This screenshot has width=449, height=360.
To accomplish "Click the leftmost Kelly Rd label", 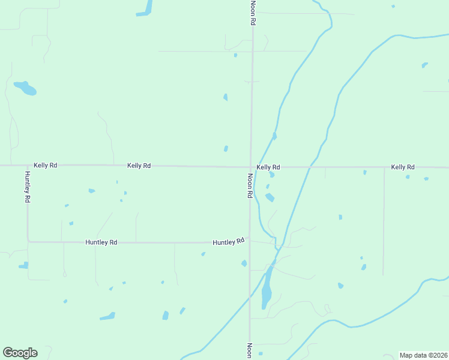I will [x=45, y=165].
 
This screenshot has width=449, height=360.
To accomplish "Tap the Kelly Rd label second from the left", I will [x=139, y=166].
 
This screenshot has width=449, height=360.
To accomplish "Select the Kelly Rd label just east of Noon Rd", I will [x=268, y=167].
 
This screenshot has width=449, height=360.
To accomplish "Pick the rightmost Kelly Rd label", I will [x=403, y=167].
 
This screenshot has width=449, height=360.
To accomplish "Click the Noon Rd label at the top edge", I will [x=253, y=12].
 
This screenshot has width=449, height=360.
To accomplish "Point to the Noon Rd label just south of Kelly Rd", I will [x=249, y=186].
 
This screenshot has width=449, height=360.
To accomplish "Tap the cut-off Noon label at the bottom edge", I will [x=249, y=351].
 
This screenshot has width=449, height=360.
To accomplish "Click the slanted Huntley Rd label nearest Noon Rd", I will [x=229, y=242].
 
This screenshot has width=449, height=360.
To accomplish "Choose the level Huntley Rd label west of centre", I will [x=101, y=242].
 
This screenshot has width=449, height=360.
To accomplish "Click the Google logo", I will [x=20, y=353].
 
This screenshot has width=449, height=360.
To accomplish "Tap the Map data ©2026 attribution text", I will [x=423, y=355].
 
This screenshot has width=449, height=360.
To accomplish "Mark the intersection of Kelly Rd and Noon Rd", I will [x=251, y=167].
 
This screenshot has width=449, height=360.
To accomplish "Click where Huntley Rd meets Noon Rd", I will [x=250, y=242].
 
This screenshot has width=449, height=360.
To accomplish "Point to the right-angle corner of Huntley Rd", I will [x=28, y=242].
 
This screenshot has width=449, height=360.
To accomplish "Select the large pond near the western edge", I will [x=26, y=89].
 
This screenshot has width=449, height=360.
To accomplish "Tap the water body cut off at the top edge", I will [x=145, y=8].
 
